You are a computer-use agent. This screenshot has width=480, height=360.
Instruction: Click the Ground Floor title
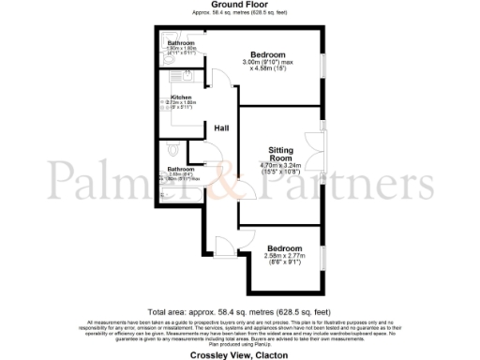(x=239, y=7)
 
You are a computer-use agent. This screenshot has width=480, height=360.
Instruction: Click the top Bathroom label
(x=180, y=44)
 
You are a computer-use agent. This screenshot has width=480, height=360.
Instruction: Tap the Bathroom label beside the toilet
(x=181, y=170)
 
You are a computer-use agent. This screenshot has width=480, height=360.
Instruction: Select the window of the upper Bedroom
(x=322, y=70)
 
